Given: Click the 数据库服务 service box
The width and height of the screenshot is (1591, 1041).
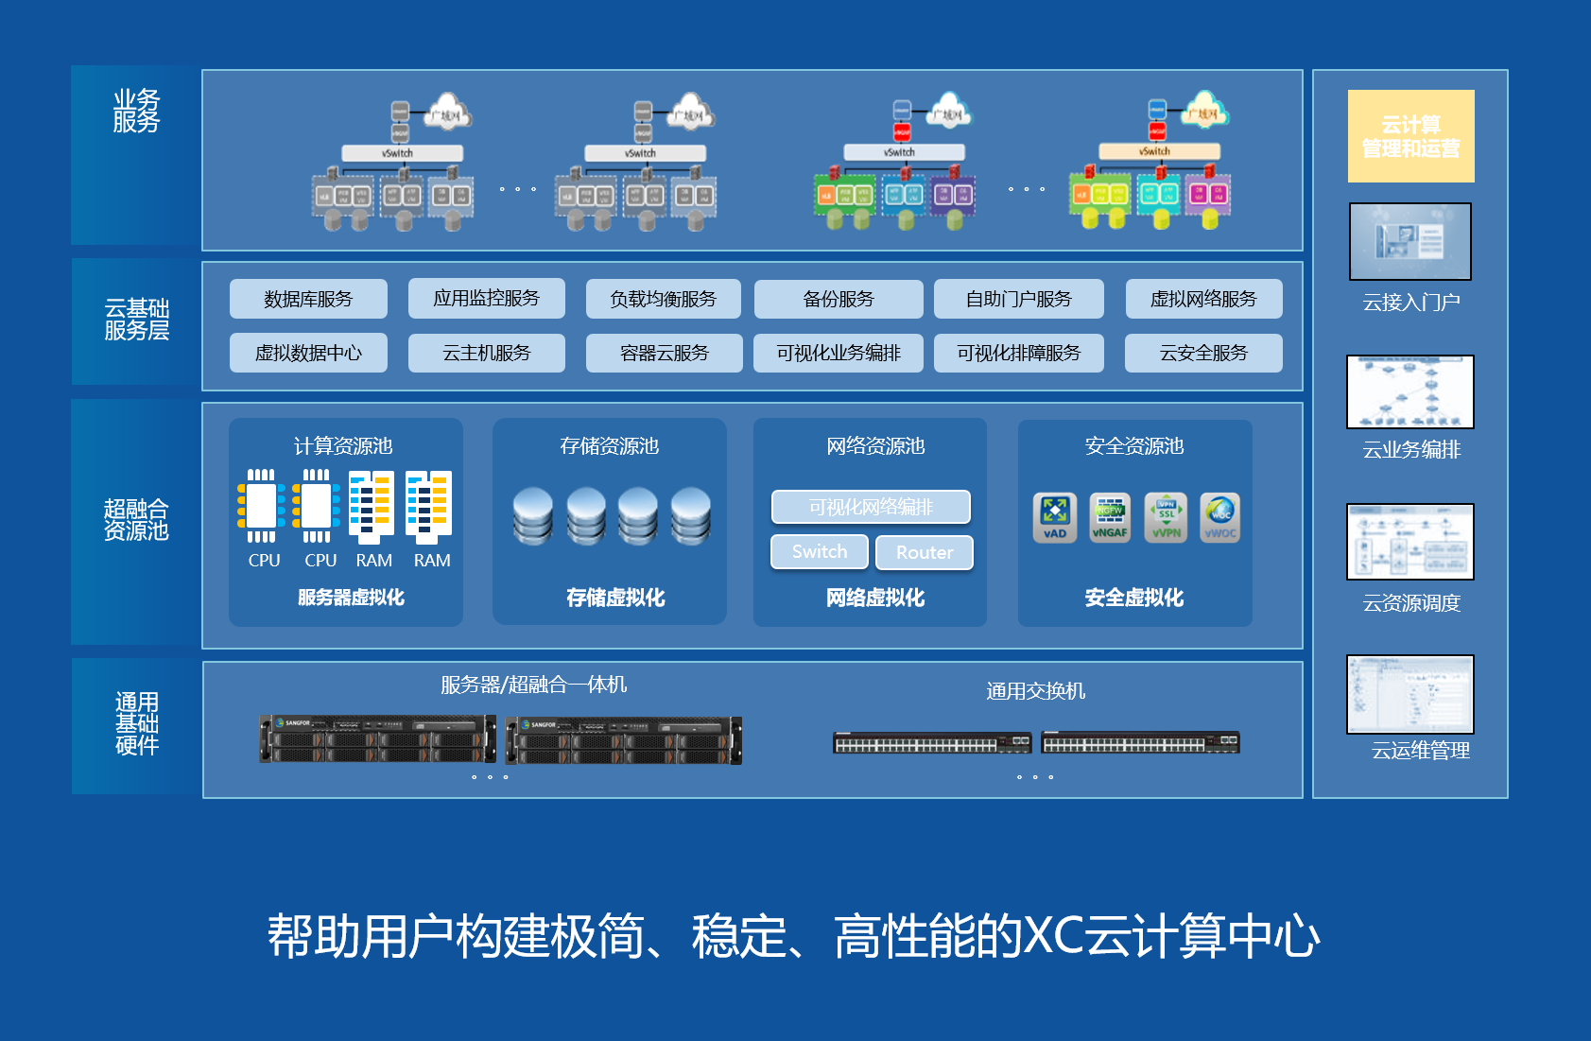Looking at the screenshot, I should [x=308, y=299].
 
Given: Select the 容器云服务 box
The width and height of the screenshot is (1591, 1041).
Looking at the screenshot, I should [x=664, y=353].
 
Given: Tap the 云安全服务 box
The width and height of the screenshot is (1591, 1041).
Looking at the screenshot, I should [x=1203, y=353].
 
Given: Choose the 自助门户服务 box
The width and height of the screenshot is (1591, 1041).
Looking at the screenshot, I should [x=1018, y=299].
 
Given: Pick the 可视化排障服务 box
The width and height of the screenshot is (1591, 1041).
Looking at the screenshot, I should [x=1018, y=353].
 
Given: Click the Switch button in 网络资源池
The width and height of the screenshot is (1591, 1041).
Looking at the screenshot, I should [x=820, y=551].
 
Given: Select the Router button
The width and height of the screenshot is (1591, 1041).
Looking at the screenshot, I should [x=924, y=552].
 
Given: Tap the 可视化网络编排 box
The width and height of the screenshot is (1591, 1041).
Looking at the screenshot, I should [x=871, y=507].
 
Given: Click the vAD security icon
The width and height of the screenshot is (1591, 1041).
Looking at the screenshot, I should [x=1055, y=516].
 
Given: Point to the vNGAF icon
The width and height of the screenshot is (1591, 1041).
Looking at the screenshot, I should [x=1110, y=516].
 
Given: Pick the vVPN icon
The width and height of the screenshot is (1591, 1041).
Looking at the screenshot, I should [x=1167, y=516].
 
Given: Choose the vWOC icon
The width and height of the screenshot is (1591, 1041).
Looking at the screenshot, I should [x=1220, y=516].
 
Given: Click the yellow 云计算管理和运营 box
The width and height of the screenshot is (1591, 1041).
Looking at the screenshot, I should [x=1410, y=136].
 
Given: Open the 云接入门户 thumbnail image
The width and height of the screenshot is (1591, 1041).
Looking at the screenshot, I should [x=1410, y=241].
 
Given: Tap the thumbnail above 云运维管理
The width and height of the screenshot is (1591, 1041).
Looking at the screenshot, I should [x=1410, y=694].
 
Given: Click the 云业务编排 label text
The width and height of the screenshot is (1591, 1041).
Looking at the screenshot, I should [x=1411, y=450].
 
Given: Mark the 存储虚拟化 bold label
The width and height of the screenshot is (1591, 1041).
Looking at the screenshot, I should [x=615, y=598].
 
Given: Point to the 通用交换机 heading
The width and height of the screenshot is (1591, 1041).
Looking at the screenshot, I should [x=1035, y=691].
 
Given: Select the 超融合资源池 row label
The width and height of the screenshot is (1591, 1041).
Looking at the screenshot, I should [x=136, y=520].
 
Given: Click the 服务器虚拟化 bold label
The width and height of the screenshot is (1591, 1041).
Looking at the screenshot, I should [x=351, y=598].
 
